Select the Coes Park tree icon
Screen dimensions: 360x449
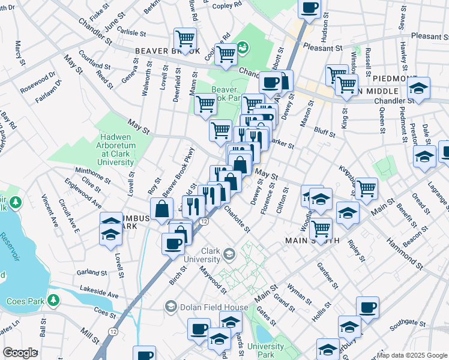click(54, 299)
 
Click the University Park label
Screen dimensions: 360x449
click(265, 350)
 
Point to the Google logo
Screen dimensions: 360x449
click(20, 353)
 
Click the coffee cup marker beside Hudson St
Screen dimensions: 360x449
click(309, 9)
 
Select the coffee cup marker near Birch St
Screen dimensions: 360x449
click(173, 244)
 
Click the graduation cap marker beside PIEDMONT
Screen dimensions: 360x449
click(418, 88)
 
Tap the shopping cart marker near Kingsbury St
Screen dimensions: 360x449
click(366, 188)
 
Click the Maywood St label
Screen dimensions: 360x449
click(213, 281)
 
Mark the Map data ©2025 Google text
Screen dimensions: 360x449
click(411, 355)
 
